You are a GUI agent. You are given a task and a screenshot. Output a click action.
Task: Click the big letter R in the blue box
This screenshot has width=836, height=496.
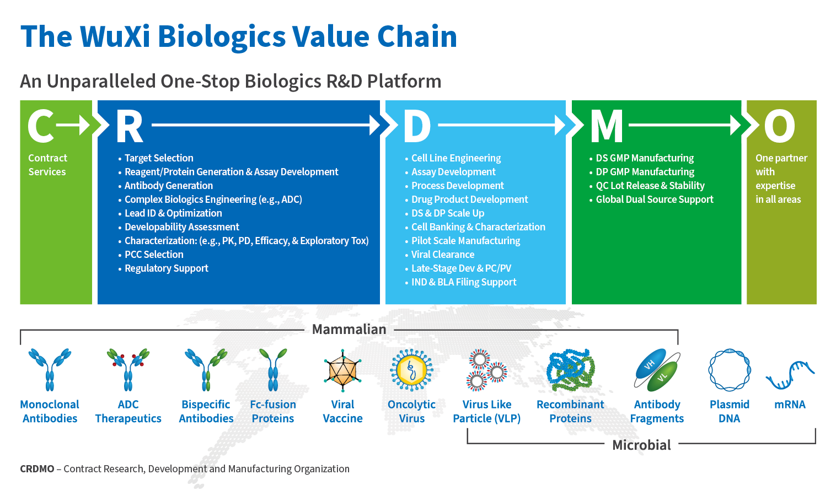coord(130,126)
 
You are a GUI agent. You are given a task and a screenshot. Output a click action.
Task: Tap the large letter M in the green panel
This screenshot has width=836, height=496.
coord(606,126)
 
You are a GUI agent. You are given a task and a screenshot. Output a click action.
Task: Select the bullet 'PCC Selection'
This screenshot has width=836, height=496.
coord(154,255)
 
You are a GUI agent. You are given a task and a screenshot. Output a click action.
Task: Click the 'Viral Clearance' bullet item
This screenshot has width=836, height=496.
coord(442,255)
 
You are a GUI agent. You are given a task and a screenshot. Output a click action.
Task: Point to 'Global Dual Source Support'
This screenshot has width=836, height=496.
coord(654,200)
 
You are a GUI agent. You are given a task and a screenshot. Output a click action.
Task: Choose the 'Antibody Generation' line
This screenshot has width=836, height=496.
coord(168,186)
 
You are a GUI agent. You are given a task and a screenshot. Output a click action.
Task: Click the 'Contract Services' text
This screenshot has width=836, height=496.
coord(47,165)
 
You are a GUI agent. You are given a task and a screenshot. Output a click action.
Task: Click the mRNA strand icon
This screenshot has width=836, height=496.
coord(790,374)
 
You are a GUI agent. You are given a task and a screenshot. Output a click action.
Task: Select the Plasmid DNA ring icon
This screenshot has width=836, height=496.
coord(729,370)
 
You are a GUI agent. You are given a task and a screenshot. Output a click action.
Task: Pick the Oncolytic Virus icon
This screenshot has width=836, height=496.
coord(411,370)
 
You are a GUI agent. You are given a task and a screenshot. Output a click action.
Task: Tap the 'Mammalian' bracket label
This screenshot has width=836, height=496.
coord(349,330)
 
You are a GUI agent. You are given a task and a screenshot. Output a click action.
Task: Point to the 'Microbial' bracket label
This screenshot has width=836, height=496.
coord(641,445)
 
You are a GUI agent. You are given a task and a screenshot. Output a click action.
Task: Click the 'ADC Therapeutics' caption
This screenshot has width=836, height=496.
coord(128,411)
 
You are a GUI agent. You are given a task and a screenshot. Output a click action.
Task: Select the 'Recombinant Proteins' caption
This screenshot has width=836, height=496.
coord(570,411)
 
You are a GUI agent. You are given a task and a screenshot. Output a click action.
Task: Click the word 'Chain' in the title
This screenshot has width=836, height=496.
coord(417,36)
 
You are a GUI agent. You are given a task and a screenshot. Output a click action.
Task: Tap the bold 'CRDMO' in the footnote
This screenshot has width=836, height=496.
coord(37,469)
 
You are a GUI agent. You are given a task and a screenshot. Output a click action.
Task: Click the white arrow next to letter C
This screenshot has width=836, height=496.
coord(74,125)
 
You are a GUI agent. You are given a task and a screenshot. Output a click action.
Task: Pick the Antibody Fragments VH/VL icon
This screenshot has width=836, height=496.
coord(657,369)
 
